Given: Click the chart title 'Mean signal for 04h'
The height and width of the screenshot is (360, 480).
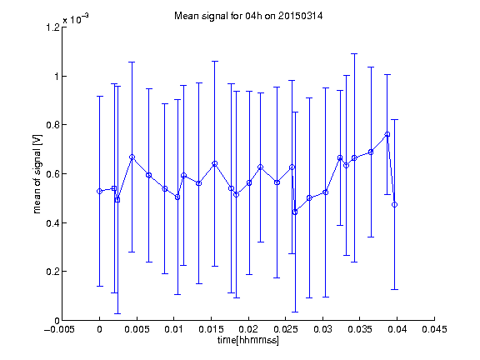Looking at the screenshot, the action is pos(218,16).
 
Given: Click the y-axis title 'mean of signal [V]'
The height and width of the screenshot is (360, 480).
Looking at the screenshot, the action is pos(37,174).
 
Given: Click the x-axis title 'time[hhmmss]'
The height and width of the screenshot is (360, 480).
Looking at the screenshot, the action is pos(248,340).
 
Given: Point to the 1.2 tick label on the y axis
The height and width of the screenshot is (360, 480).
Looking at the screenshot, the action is pos(52,27).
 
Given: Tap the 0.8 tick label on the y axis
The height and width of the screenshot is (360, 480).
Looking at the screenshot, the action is pos(52,125).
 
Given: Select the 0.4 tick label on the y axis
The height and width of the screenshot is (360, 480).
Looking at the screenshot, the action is pos(52,222).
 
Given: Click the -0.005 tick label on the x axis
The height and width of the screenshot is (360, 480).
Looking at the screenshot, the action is pos(59,329).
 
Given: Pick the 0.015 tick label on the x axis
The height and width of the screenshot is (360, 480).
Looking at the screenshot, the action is pos(211,329).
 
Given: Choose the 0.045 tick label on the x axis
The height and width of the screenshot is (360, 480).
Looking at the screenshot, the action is pos(434,329).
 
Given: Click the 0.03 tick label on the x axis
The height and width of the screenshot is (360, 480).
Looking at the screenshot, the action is pos(322,329).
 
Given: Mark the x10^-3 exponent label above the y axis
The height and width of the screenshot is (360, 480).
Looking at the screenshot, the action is pos(76,19).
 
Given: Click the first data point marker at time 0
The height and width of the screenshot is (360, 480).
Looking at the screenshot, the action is pos(99,192).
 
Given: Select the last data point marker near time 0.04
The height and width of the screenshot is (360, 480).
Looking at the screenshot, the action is pos(395,204).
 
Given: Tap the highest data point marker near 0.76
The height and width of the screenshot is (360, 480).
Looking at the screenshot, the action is pos(387,134).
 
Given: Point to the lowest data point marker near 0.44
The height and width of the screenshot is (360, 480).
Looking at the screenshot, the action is pos(295,212).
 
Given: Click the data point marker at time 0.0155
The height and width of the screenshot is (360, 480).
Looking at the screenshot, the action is pos(215,164).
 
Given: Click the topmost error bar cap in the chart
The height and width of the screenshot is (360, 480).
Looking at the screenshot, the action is pos(354,54).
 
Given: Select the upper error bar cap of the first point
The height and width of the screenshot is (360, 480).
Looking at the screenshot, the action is pos(99,97).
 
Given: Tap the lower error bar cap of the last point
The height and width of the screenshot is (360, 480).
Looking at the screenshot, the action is pos(395,289).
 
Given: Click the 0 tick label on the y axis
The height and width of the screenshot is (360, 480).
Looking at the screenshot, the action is pos(57,321).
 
